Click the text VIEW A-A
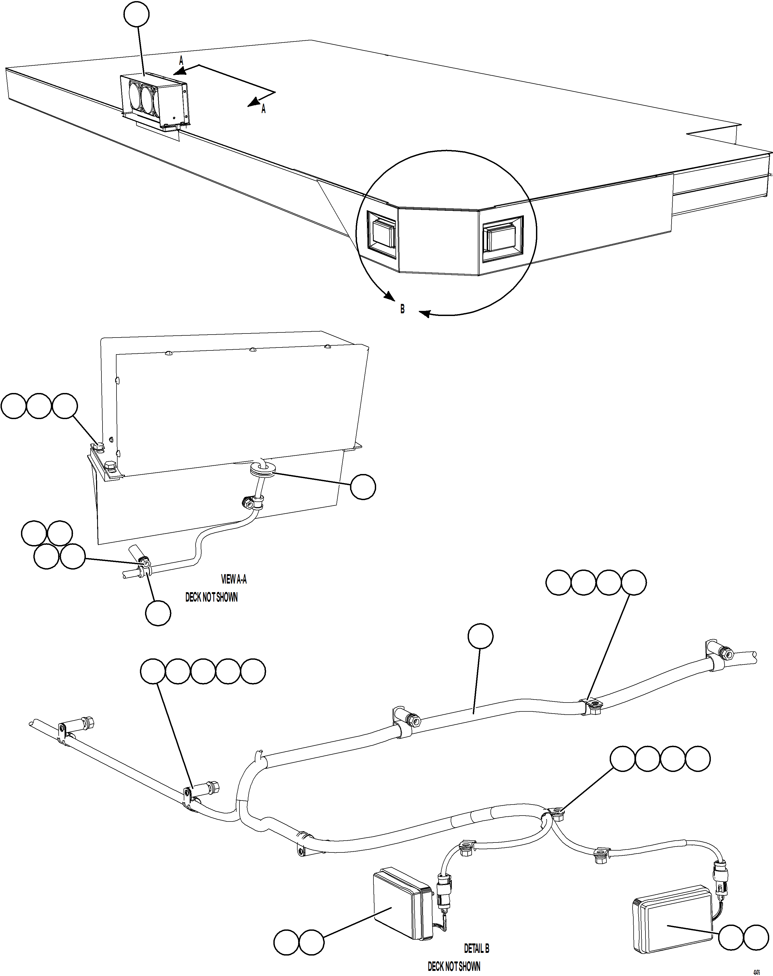234,579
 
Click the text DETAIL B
476,948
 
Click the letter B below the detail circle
402,309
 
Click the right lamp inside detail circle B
502,238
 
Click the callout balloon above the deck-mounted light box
137,15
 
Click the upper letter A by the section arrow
181,60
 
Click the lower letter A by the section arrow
263,109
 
